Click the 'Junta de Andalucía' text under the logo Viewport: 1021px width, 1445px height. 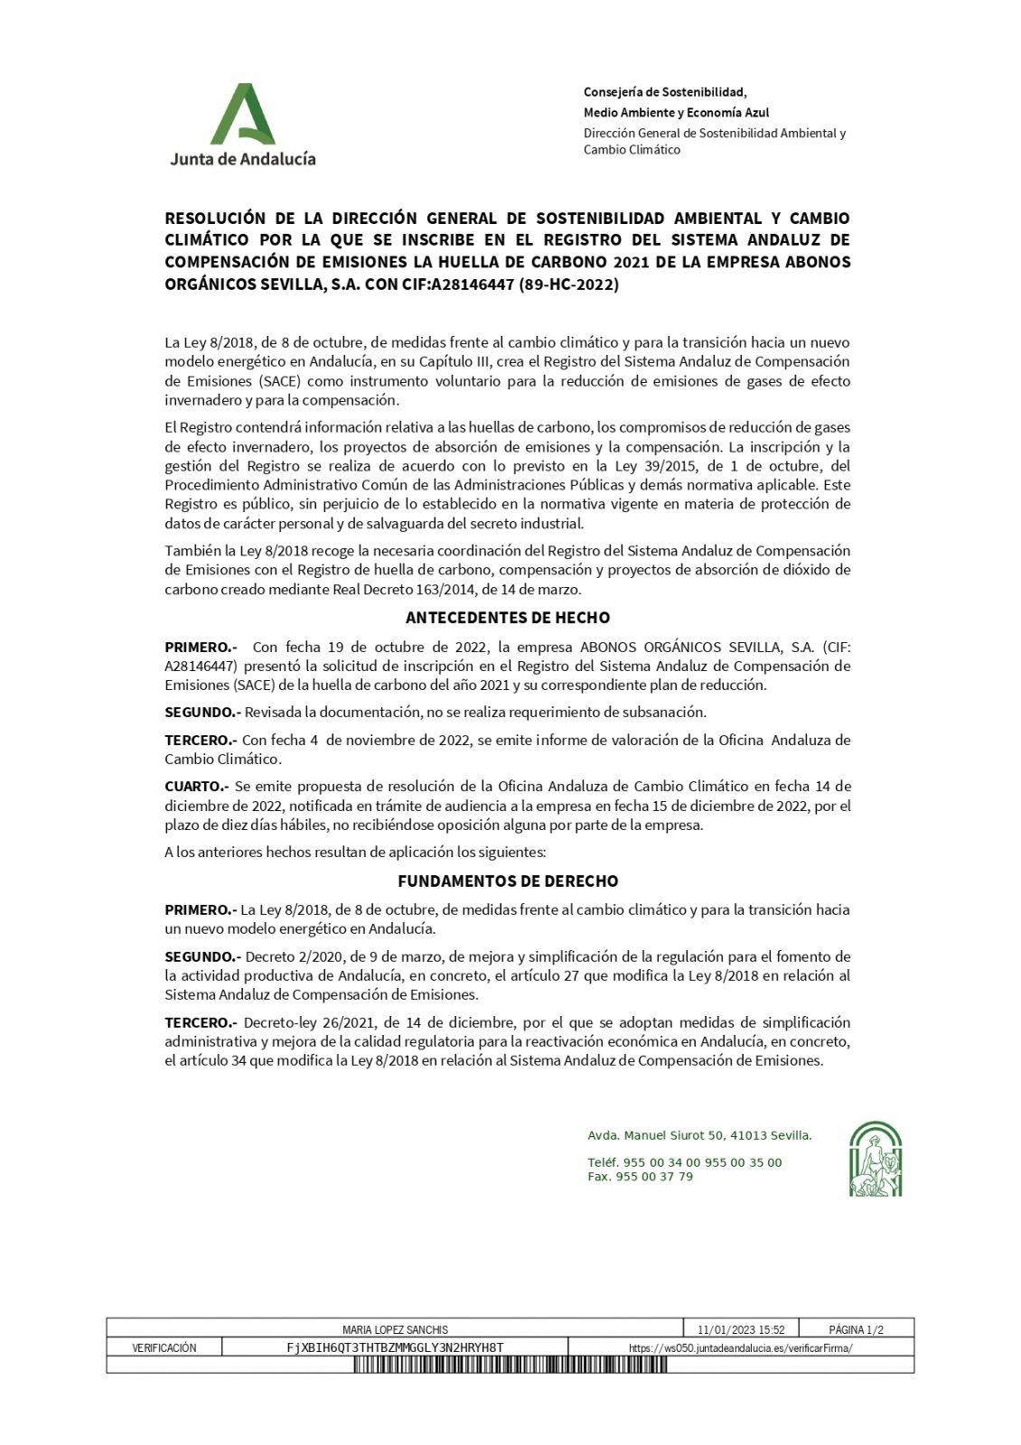243,158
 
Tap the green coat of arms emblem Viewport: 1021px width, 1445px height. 876,1159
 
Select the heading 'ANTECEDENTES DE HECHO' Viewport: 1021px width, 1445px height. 508,619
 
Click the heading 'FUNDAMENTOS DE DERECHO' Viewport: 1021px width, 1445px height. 508,881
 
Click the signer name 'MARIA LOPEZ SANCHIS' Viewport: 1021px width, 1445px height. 396,1329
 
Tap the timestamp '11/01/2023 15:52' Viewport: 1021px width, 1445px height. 741,1329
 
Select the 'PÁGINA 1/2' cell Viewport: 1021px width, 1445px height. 856,1329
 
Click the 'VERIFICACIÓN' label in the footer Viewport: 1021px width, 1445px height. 164,1347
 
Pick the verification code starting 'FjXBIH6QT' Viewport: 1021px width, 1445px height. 395,1347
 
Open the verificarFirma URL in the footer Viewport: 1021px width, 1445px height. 740,1347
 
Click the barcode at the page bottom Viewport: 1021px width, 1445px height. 510,1365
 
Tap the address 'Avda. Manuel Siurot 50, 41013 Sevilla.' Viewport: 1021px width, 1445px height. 699,1135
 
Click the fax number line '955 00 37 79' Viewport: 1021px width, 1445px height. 640,1177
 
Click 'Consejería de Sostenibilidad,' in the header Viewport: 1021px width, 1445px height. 665,92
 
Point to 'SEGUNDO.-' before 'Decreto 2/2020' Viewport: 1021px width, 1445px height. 202,956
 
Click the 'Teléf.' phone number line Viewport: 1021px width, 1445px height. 684,1162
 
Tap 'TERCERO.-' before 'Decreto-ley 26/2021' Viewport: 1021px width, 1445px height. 201,1022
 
